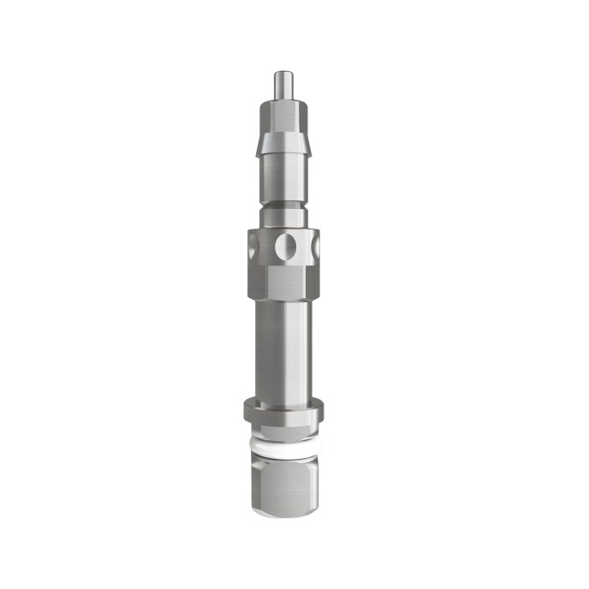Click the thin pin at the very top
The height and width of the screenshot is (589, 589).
[281, 86]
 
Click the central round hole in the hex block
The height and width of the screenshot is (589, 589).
[289, 249]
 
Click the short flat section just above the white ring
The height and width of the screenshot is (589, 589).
[282, 433]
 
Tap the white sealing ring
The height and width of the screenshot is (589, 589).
[282, 446]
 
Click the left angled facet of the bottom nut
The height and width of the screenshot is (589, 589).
[258, 485]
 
